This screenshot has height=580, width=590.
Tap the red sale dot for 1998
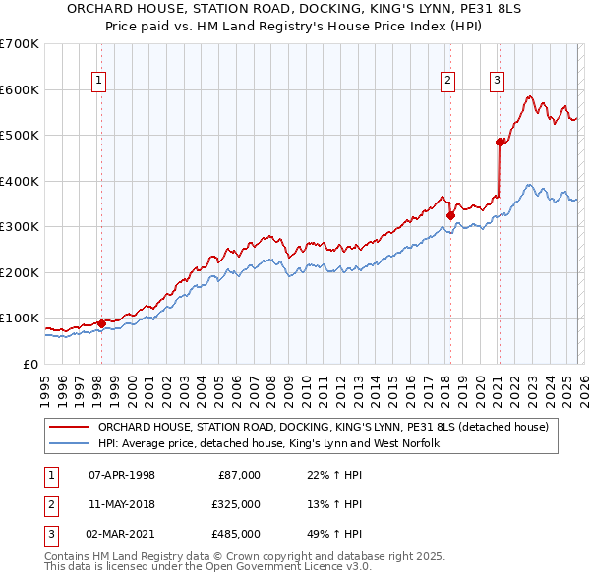pos(101,323)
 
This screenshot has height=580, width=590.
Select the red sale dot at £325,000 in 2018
pos(450,215)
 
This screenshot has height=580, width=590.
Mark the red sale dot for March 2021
pos(499,143)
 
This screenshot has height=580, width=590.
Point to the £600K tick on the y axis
pos(20,89)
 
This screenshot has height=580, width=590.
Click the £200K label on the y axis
pos(20,272)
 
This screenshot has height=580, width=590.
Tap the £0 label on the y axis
pos(29,364)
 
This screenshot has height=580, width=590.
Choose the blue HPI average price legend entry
pos(267,444)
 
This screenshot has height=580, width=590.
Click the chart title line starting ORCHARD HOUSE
pos(295,10)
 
